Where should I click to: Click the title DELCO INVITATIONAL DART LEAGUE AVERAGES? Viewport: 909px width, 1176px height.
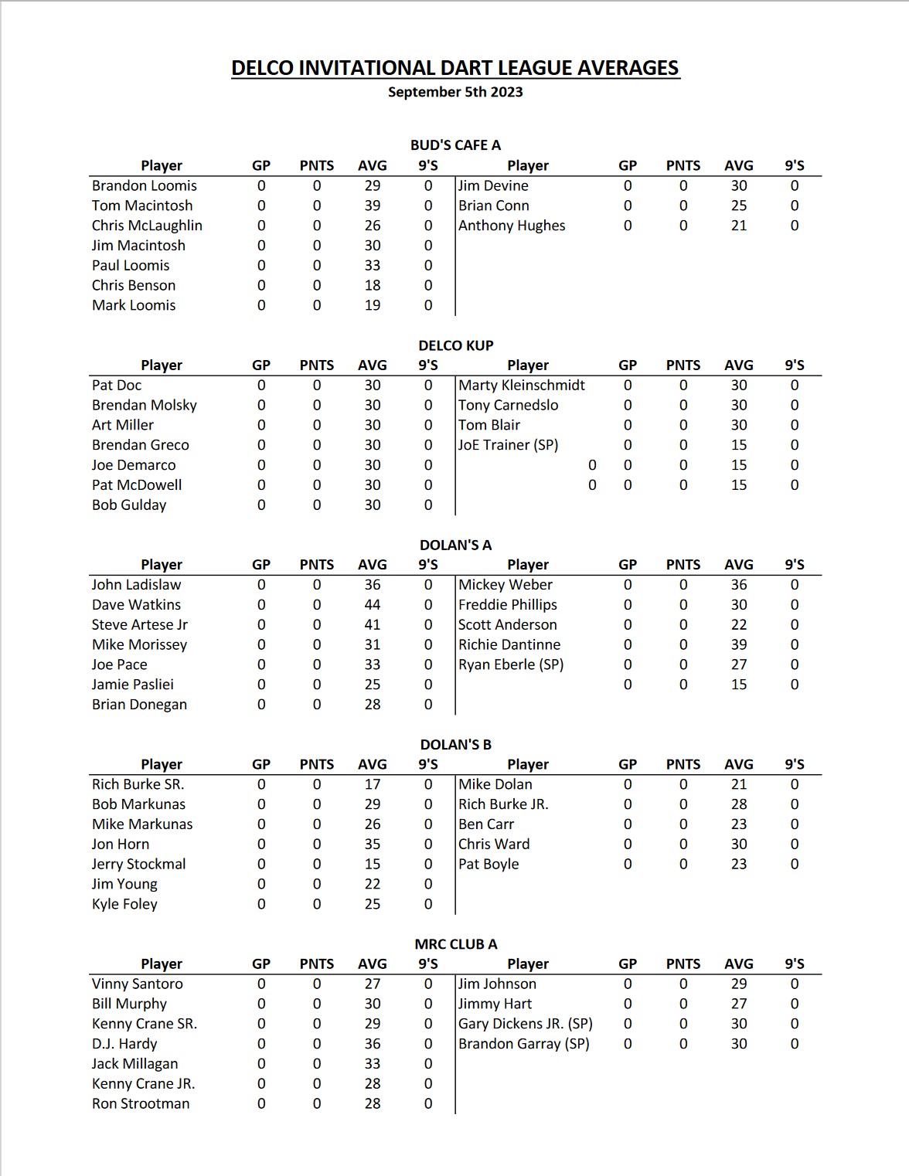454,68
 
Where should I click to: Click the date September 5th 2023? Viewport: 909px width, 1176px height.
454,92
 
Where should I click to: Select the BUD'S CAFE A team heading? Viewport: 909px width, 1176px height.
455,144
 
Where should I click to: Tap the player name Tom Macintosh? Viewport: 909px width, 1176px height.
142,206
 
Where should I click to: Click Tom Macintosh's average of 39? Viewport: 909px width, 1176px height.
373,206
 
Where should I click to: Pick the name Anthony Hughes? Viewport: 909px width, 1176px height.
512,226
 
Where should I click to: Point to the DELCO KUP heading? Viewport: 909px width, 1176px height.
455,345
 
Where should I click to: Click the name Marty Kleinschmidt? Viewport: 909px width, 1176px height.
522,385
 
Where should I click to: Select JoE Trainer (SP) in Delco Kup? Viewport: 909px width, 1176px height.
508,445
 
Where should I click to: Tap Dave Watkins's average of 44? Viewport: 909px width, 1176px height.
373,604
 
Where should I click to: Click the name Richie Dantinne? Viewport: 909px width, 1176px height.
509,644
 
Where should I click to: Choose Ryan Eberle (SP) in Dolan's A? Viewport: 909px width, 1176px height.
511,664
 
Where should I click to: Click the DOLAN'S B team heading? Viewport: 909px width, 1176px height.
455,744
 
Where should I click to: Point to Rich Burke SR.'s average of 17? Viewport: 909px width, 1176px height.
373,784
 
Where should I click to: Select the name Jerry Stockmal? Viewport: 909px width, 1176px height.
139,864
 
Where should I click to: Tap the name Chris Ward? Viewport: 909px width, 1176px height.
494,844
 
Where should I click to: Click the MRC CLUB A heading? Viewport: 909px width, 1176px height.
455,943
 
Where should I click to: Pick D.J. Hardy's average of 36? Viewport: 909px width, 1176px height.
373,1043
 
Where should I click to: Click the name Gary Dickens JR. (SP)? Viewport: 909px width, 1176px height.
526,1024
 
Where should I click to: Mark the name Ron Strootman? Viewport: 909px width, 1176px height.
141,1103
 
